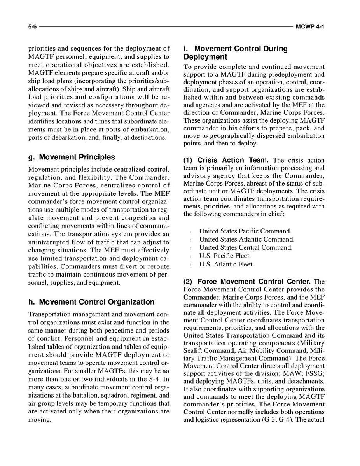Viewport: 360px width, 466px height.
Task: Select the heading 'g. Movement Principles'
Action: [72, 157]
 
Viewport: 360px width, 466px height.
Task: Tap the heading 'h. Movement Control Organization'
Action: [91, 302]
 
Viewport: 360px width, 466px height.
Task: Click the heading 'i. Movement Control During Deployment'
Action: [235, 53]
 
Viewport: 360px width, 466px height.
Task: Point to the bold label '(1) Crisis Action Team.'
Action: [227, 160]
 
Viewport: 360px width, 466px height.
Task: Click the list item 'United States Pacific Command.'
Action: [245, 231]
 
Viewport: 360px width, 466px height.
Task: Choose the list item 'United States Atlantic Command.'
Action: [247, 240]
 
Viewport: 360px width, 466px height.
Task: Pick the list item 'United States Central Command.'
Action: [246, 248]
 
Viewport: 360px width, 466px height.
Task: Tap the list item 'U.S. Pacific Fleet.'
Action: [225, 256]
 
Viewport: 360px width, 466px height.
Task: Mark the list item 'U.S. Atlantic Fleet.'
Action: [227, 265]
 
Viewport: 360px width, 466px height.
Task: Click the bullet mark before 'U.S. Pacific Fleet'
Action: [192, 256]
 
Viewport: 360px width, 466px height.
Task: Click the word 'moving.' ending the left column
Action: [40, 420]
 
